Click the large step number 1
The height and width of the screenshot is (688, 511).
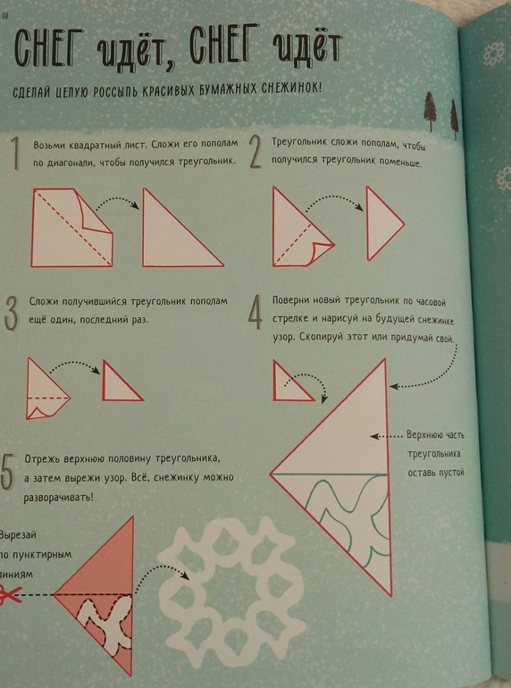coord(15,154)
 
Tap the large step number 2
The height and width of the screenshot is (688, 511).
coord(256,152)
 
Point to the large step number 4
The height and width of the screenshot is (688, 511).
coord(255,313)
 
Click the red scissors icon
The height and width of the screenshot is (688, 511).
coord(10,594)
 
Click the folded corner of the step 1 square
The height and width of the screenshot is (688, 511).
coord(96,210)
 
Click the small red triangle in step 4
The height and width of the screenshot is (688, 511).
coord(292,381)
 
